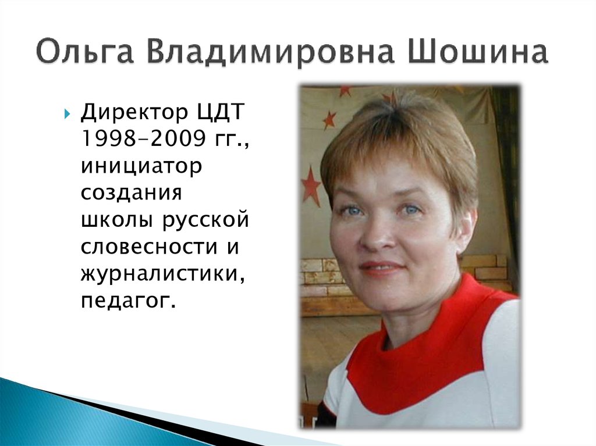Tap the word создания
click(132, 192)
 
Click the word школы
click(116, 220)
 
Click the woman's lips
click(381, 267)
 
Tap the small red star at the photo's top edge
click(345, 90)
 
